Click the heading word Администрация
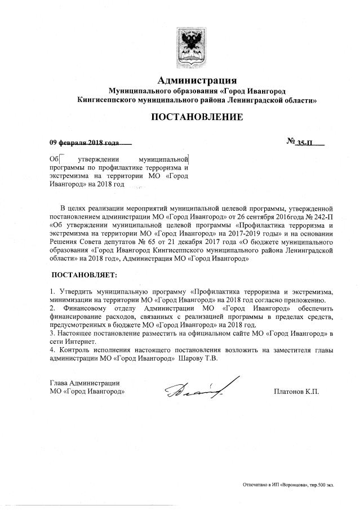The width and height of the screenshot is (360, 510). (x=197, y=79)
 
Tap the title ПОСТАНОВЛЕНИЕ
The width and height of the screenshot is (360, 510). (x=197, y=117)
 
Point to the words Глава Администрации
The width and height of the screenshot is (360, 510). (x=84, y=383)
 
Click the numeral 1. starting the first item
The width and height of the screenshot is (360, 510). (x=52, y=292)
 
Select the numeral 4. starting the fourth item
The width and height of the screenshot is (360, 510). (x=52, y=349)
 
